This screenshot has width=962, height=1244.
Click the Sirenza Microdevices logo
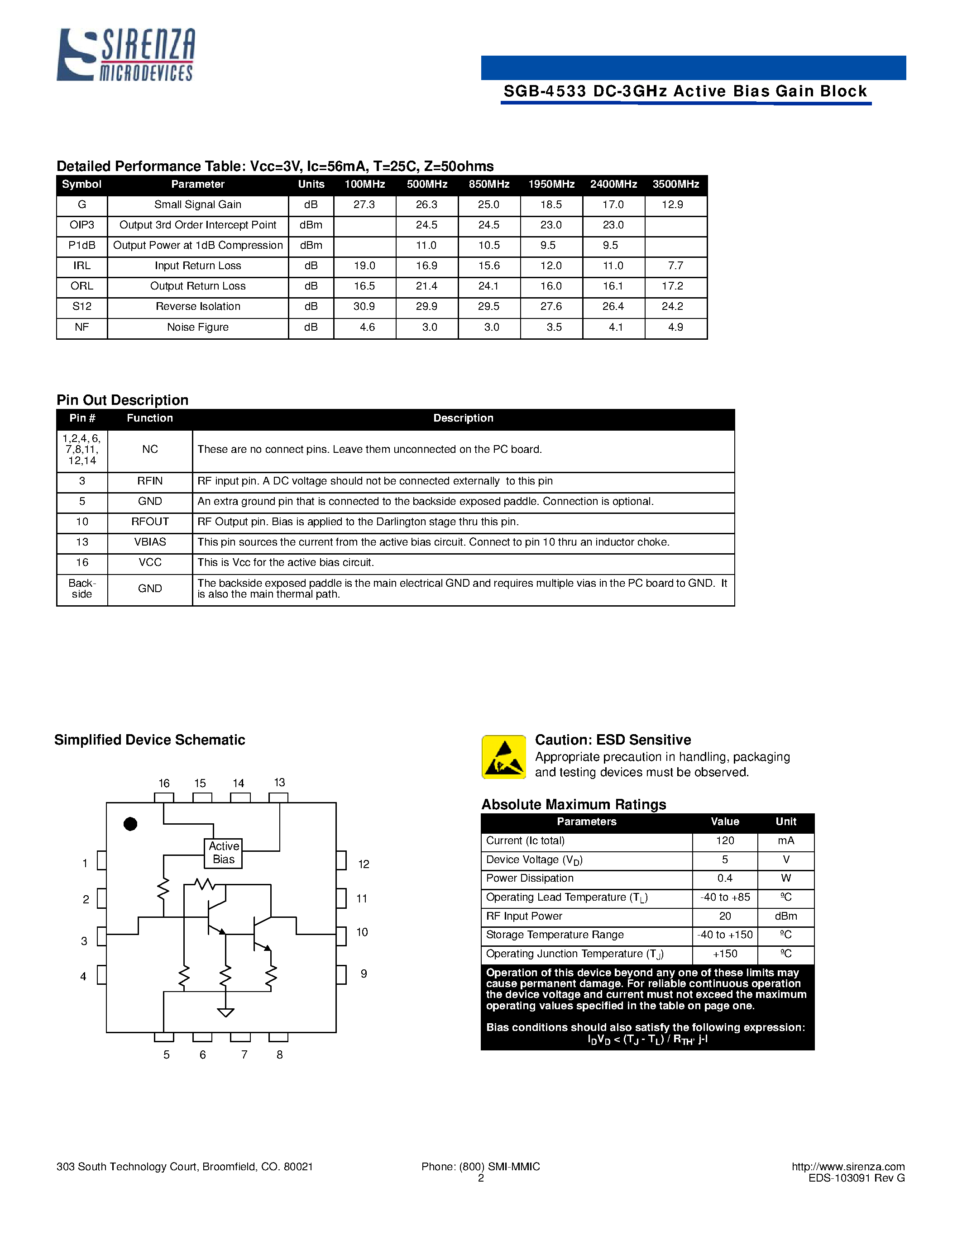125,54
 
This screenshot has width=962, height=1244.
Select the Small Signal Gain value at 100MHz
364,204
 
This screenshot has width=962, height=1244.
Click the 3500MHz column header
675,184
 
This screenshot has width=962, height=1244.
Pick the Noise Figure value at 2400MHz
616,327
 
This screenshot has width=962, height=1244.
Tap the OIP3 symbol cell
81,225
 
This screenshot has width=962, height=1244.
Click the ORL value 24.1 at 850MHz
488,286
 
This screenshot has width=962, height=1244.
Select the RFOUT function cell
150,522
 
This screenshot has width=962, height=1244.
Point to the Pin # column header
82,418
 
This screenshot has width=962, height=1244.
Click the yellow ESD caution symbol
504,757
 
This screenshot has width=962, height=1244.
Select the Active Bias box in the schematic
223,853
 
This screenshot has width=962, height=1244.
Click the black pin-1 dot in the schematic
130,824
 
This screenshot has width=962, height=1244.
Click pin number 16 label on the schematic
164,783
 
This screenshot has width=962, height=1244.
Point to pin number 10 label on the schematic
362,932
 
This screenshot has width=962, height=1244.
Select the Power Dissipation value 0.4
724,878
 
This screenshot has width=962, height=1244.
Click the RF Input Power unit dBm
785,916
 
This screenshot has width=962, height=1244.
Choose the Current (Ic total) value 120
724,841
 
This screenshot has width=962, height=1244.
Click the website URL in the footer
847,1167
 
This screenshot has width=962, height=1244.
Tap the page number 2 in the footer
480,1178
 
